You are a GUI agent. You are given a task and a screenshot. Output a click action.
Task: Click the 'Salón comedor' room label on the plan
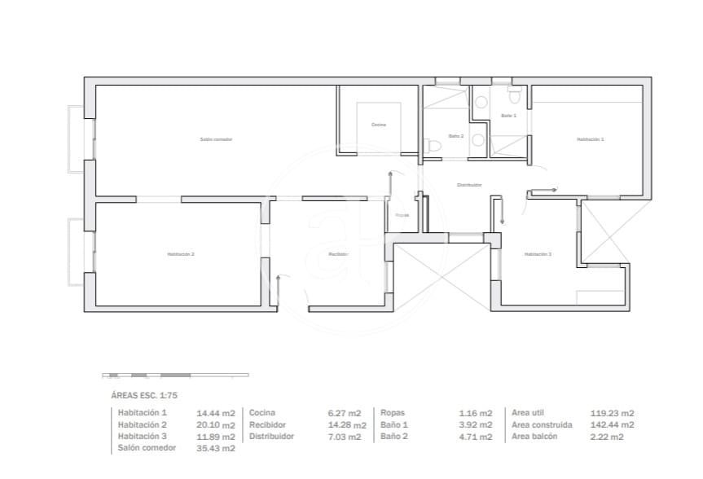(216, 139)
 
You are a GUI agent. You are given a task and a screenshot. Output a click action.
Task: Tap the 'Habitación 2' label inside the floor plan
(180, 254)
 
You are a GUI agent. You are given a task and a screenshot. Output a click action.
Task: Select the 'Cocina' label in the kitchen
(378, 125)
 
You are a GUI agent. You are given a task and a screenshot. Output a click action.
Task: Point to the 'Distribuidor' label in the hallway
(469, 185)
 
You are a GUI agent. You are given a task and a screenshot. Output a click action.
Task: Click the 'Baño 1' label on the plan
(508, 116)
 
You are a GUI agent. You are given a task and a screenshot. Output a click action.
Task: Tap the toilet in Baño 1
(514, 96)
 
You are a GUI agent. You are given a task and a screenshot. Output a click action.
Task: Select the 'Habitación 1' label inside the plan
(590, 139)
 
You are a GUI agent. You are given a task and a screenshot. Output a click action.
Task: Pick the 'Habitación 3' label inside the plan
(538, 254)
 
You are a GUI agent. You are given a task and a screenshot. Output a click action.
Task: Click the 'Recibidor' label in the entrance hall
(338, 254)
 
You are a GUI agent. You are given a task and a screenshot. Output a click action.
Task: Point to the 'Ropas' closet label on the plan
(402, 215)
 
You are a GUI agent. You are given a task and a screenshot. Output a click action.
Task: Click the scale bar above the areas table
(175, 375)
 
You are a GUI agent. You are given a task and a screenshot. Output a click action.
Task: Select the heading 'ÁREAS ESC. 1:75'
(143, 395)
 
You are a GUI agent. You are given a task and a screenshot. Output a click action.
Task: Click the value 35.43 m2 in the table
(217, 448)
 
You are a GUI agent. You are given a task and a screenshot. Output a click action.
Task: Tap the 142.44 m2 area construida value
(612, 424)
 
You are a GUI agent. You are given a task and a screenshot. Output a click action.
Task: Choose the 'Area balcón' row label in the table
(535, 437)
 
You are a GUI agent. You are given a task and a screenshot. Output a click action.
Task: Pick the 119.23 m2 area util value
(612, 413)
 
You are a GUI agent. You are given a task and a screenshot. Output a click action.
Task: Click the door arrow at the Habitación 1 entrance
(543, 191)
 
